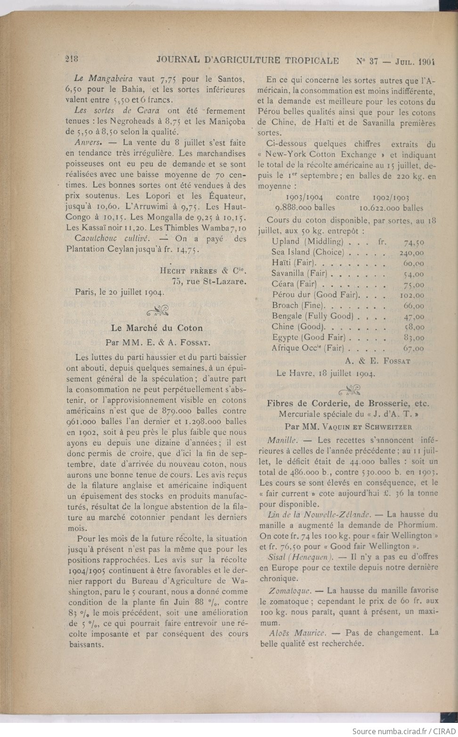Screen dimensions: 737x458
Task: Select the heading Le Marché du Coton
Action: click(x=156, y=328)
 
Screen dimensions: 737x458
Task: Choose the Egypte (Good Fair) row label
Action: click(x=308, y=337)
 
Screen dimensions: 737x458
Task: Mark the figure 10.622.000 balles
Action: click(x=391, y=208)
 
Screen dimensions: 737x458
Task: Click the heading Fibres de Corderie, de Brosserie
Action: click(x=348, y=403)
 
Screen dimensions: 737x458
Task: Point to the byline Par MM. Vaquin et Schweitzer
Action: click(x=348, y=427)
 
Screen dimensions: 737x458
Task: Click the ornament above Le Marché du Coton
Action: click(x=157, y=310)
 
